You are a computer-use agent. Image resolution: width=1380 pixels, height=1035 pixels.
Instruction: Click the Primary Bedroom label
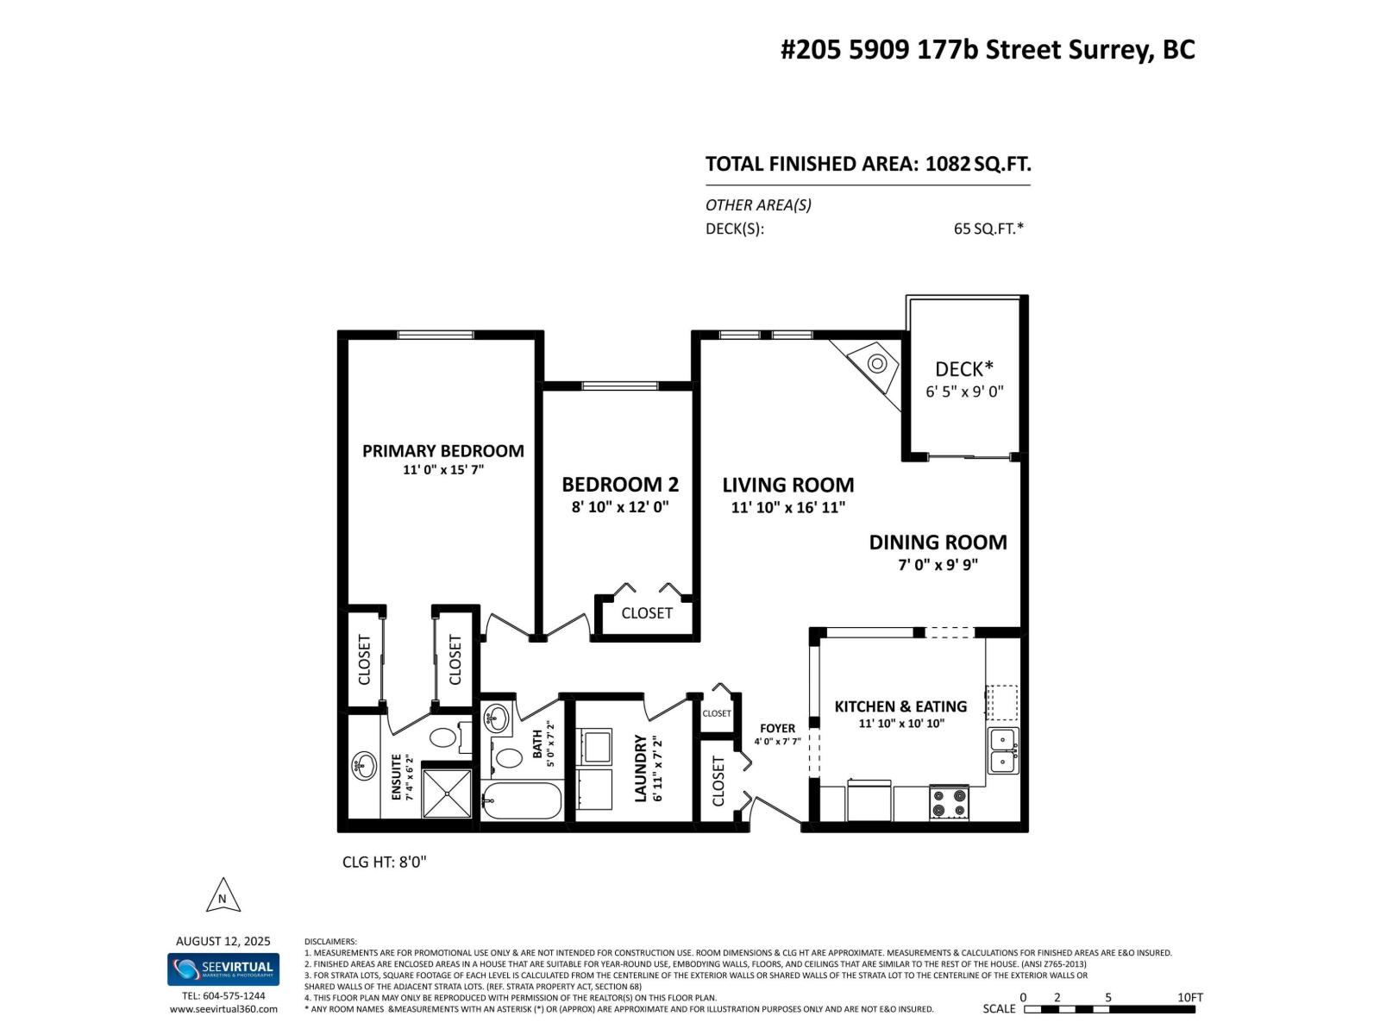[x=442, y=451]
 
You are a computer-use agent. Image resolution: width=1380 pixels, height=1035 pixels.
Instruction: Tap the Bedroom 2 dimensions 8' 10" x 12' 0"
[x=620, y=507]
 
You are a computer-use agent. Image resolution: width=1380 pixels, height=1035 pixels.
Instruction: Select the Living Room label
[x=787, y=485]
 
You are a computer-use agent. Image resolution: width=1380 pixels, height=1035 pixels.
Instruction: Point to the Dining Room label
[x=938, y=543]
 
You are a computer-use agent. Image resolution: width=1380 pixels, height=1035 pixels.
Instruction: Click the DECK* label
[x=964, y=369]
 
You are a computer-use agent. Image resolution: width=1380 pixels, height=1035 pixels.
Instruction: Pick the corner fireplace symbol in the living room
[x=875, y=363]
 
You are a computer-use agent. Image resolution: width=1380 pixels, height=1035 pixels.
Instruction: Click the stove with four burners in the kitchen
[x=949, y=802]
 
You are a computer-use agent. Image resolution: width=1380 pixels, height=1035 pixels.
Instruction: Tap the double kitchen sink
[x=1003, y=750]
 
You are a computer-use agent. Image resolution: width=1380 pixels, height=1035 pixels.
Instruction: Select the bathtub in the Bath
[x=521, y=801]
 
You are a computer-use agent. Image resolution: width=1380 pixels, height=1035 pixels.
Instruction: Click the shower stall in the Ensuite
[x=447, y=793]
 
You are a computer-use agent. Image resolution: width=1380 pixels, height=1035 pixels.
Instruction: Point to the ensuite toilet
[x=444, y=737]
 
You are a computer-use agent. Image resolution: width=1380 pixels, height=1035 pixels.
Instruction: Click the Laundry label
[x=641, y=768]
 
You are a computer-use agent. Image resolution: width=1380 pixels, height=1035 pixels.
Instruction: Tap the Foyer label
[x=777, y=728]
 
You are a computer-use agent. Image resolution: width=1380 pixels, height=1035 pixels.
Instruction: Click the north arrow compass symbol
[x=223, y=896]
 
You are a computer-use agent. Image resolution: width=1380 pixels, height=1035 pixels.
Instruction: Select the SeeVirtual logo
[x=223, y=969]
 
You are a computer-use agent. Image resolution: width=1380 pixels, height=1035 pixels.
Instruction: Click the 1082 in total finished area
[x=947, y=164]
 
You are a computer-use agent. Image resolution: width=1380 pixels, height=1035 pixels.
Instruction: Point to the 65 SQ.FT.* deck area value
[x=988, y=229]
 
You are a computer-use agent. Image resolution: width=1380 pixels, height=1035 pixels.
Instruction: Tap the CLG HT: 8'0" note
[x=385, y=862]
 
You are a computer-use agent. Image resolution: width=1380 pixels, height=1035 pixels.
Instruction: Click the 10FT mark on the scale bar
[x=1189, y=997]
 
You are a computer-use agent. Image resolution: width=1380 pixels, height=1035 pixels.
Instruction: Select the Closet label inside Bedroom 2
[x=646, y=613]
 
